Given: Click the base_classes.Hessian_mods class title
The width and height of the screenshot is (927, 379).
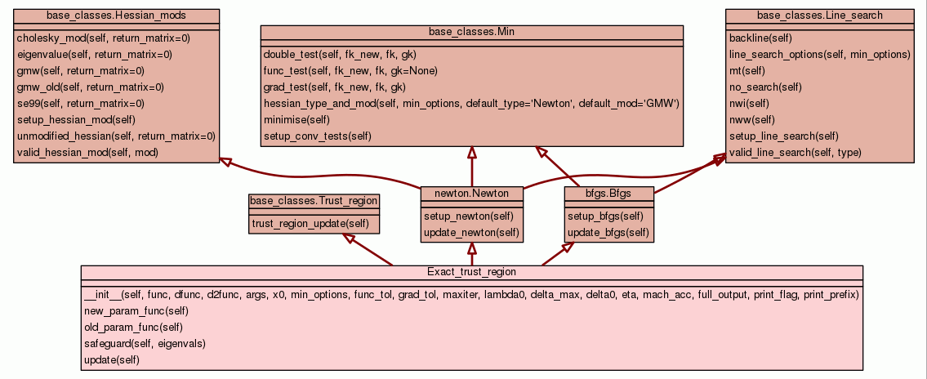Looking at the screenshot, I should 117,16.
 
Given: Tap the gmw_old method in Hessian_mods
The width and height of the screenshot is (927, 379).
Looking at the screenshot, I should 90,87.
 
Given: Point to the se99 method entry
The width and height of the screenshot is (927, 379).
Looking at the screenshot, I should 80,104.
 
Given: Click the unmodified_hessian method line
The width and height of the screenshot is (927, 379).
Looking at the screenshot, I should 116,136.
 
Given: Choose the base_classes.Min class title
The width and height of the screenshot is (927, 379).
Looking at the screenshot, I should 471,31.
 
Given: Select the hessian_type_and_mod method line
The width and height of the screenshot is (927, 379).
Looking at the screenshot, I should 471,104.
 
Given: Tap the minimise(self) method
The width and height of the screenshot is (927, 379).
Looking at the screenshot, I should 296,120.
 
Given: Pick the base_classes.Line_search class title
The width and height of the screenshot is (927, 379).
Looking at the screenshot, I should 819,16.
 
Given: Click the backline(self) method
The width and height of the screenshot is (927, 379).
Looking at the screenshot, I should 760,38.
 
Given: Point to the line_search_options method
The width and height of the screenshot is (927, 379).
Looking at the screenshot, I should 819,55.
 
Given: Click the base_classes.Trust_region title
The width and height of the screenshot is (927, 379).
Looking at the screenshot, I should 314,200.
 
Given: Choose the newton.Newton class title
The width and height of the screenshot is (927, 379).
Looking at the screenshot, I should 471,194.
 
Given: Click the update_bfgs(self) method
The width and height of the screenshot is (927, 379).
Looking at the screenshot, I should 608,233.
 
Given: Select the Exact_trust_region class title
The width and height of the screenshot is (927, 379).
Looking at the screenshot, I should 471,271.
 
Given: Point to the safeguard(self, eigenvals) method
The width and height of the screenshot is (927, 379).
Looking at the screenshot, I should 145,344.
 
